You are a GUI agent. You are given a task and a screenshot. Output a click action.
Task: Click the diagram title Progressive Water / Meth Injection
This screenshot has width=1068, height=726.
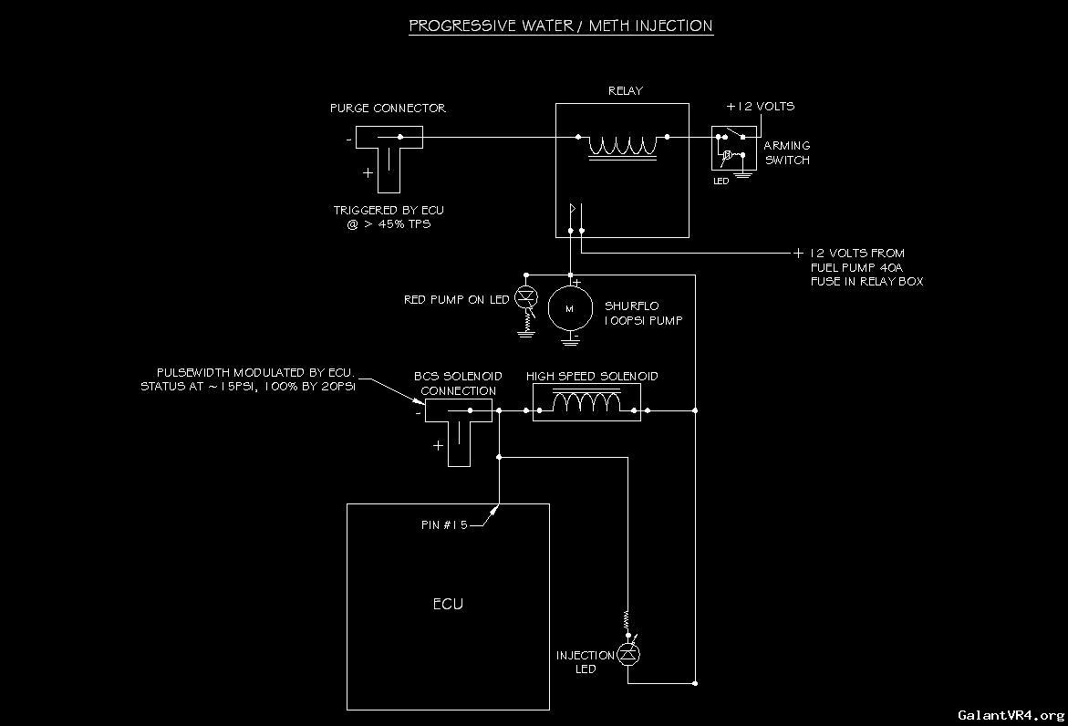[x=560, y=26]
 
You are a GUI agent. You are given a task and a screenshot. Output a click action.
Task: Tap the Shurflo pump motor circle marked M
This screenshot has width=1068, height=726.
[x=570, y=309]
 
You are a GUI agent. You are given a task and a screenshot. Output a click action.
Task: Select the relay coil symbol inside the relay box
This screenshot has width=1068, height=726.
[x=623, y=146]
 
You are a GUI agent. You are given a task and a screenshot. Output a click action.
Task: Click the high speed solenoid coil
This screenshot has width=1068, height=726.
[x=586, y=403]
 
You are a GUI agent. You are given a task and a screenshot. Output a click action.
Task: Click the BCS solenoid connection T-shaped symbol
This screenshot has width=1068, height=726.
[x=458, y=428]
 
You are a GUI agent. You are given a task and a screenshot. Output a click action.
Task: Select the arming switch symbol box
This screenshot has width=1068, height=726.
[x=734, y=149]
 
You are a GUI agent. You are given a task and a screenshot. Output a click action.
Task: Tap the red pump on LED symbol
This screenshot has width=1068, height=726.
[x=525, y=297]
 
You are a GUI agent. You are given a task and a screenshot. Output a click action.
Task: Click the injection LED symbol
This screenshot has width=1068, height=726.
[x=627, y=654]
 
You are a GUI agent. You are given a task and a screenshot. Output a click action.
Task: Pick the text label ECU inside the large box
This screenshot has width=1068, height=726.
[x=448, y=604]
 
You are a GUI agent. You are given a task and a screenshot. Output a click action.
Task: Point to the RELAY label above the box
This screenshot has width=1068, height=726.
[x=625, y=91]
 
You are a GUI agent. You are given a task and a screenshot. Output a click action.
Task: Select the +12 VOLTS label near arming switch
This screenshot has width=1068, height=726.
[x=760, y=107]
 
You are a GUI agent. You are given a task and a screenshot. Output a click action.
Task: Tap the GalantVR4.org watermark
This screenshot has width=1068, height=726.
[x=1010, y=715]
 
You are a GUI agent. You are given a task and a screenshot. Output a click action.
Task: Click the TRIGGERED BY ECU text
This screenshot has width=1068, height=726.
[x=389, y=211]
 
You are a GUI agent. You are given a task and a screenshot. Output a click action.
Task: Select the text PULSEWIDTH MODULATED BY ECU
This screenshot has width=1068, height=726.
[x=255, y=373]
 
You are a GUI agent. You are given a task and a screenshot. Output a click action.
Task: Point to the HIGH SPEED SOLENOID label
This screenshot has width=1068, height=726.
[x=592, y=376]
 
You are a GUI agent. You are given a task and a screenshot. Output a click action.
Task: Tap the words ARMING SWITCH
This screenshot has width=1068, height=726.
[x=786, y=152]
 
